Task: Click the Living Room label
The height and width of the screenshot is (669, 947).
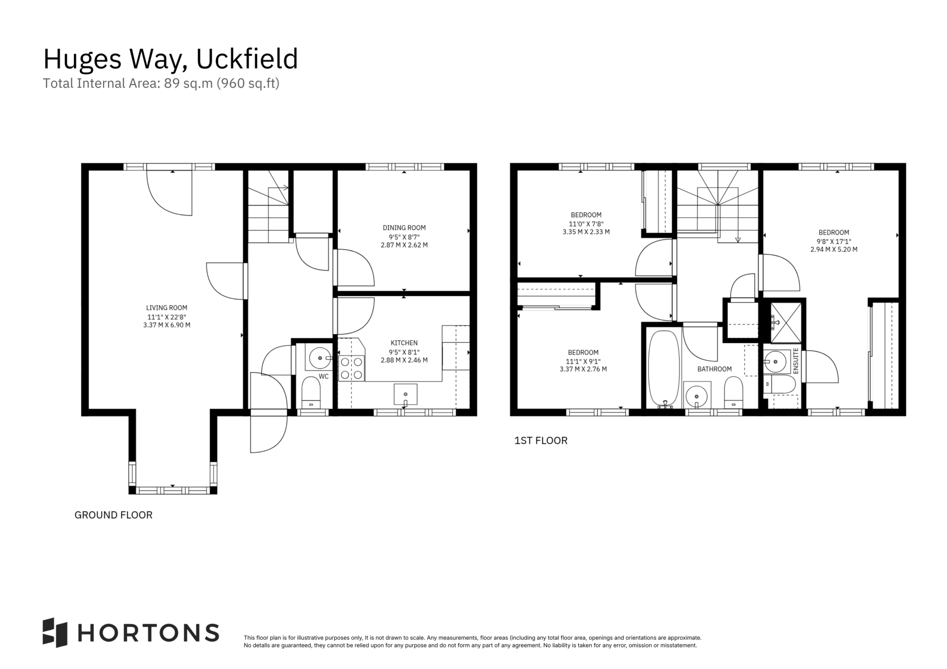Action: tap(167, 308)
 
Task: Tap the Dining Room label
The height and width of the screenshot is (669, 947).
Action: tap(404, 228)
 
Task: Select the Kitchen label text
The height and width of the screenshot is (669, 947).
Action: tap(404, 343)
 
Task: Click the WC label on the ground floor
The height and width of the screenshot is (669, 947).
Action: tap(324, 377)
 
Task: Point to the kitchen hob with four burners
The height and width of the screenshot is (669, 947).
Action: tap(352, 368)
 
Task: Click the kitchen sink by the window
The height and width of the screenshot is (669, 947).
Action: tap(405, 394)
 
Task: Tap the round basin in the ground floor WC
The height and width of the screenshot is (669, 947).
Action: tap(320, 357)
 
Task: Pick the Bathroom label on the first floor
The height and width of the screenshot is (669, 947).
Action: tap(714, 369)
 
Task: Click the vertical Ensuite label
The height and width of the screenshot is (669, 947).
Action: tap(795, 360)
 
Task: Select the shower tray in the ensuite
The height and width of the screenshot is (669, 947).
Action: tap(785, 322)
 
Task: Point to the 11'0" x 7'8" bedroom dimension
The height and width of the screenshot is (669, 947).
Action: tap(586, 223)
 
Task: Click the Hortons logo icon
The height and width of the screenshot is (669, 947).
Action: tap(55, 633)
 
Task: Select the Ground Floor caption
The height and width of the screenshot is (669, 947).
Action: tap(113, 515)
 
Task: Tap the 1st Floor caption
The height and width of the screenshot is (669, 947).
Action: tap(541, 441)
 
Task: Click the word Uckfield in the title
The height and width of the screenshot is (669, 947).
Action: tap(247, 59)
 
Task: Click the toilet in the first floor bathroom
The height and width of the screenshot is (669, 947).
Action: tap(733, 393)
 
